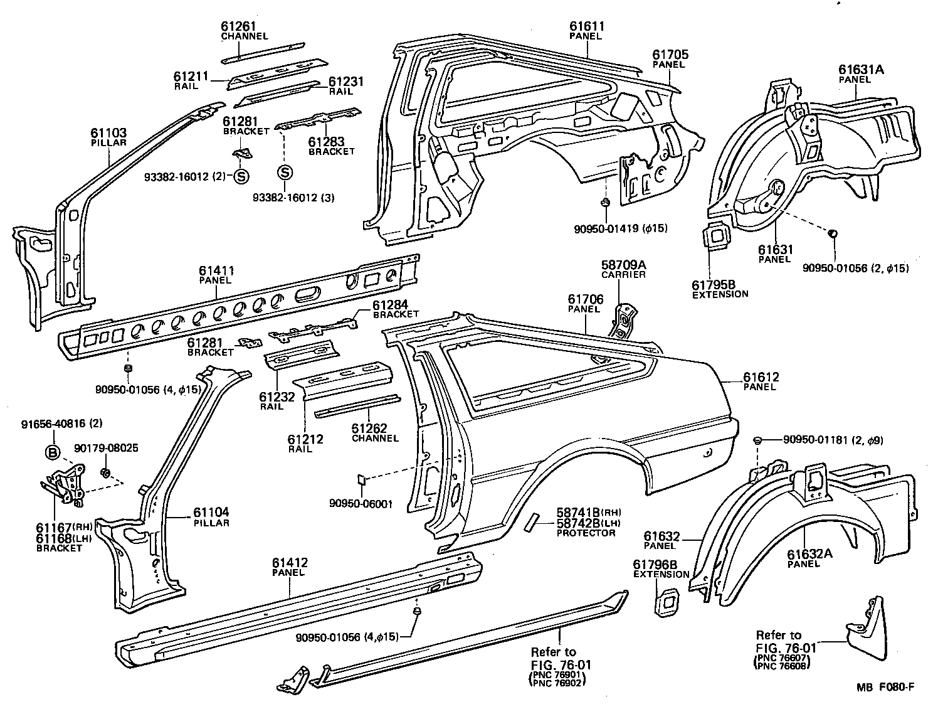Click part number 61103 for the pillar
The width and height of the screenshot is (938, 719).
click(108, 132)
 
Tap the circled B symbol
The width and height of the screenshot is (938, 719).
click(53, 451)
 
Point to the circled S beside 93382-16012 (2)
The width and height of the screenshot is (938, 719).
click(241, 177)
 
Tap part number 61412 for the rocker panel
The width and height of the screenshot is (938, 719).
click(290, 563)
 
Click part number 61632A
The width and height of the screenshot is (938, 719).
click(809, 554)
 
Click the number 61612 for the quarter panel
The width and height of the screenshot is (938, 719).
click(761, 377)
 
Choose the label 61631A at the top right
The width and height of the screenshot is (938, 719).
click(861, 70)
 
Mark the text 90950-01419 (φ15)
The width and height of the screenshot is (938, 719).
click(620, 228)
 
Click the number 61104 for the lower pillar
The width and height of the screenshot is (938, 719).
click(211, 513)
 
